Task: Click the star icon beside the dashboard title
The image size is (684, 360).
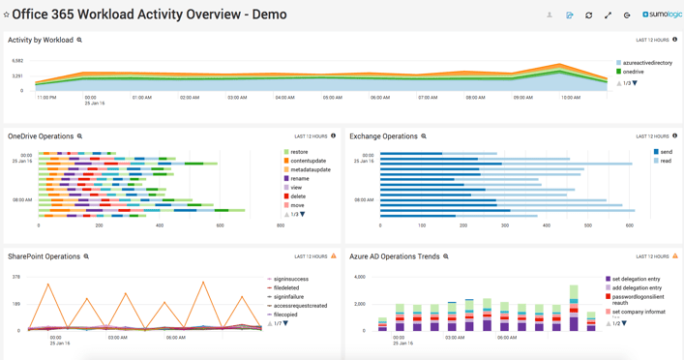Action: (7, 15)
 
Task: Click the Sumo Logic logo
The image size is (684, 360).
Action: (663, 15)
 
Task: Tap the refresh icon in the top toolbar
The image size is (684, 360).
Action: (588, 15)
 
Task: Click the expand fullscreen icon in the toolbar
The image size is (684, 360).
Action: (608, 15)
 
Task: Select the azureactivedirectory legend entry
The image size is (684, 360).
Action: (646, 63)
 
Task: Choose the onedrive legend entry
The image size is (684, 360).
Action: (633, 72)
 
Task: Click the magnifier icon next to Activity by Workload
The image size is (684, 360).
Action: (79, 41)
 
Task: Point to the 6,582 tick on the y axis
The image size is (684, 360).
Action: (17, 61)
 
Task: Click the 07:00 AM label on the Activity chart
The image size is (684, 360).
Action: (428, 98)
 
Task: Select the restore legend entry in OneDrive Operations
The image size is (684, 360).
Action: (299, 152)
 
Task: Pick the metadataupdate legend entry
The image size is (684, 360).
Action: (310, 170)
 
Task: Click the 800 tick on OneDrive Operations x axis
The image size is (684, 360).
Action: (281, 225)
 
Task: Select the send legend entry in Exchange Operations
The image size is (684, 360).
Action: (666, 152)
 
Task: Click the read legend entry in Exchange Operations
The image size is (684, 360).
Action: (666, 161)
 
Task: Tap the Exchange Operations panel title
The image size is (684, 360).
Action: (383, 136)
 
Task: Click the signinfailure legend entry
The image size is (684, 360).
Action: (288, 297)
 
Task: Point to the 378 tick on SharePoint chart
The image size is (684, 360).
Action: (15, 277)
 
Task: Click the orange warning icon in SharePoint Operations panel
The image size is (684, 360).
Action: (334, 256)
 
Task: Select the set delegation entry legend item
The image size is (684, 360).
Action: (637, 279)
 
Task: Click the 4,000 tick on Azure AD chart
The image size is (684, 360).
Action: (358, 277)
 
